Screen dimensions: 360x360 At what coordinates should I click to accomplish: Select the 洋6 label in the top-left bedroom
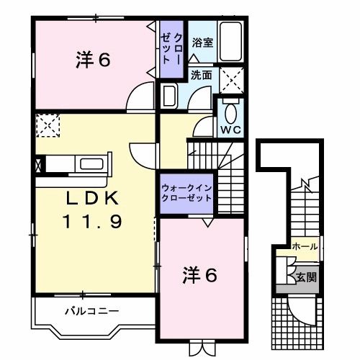(x=92, y=61)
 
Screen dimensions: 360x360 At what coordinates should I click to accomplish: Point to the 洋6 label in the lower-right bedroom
(x=199, y=274)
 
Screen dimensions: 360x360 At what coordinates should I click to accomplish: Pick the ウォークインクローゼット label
(x=186, y=193)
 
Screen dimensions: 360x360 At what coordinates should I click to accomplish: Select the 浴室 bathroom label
(x=202, y=43)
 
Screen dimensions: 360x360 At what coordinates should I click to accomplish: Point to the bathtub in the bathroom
(x=230, y=42)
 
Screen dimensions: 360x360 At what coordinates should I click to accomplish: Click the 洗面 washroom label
(x=202, y=75)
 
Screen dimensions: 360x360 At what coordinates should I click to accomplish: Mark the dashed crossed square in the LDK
(x=47, y=126)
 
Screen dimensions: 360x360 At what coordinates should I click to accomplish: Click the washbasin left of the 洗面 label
(x=171, y=95)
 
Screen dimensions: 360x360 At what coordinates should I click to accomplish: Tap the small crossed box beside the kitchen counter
(x=37, y=163)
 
